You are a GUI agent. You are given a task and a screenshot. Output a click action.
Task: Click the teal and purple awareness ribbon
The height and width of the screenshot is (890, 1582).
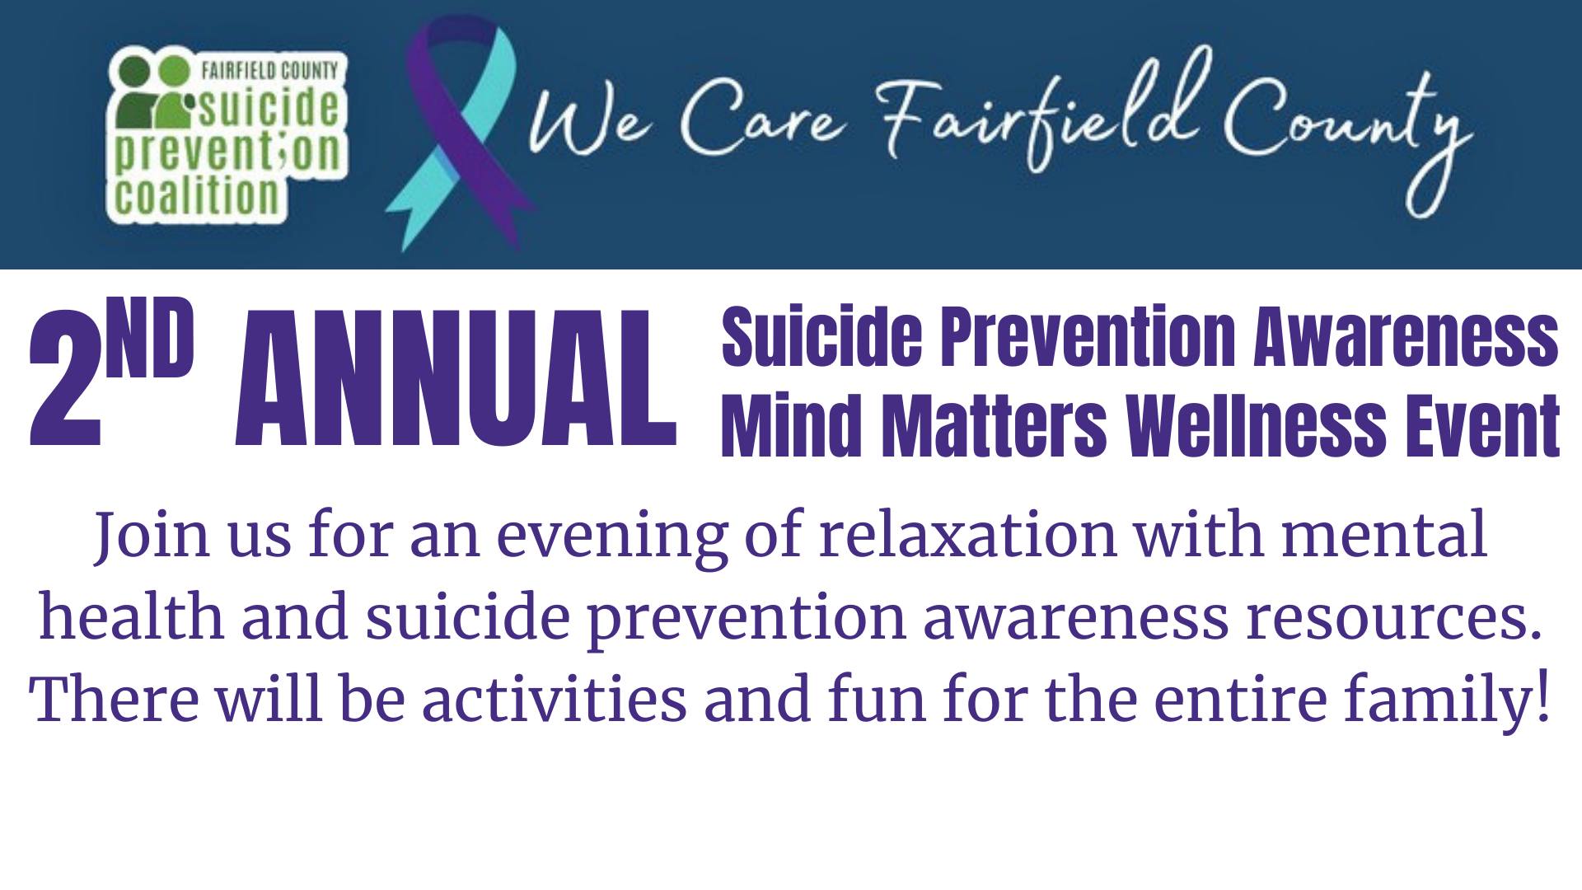(461, 132)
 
